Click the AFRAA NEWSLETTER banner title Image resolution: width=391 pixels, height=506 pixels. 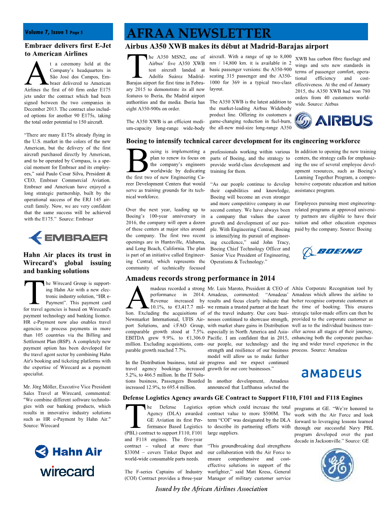[198, 34]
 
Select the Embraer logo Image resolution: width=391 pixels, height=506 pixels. [68, 238]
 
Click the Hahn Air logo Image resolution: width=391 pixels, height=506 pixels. [68, 451]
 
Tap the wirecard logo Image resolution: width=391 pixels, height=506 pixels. [67, 471]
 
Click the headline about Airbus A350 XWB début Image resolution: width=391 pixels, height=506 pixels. [227, 46]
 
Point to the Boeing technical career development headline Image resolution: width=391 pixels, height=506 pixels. [243, 141]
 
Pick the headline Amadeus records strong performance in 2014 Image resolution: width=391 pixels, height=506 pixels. [200, 278]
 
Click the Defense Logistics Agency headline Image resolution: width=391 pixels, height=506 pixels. [242, 398]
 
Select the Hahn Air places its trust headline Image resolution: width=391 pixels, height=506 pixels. [68, 263]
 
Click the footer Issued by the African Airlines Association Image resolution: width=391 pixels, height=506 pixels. [211, 489]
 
